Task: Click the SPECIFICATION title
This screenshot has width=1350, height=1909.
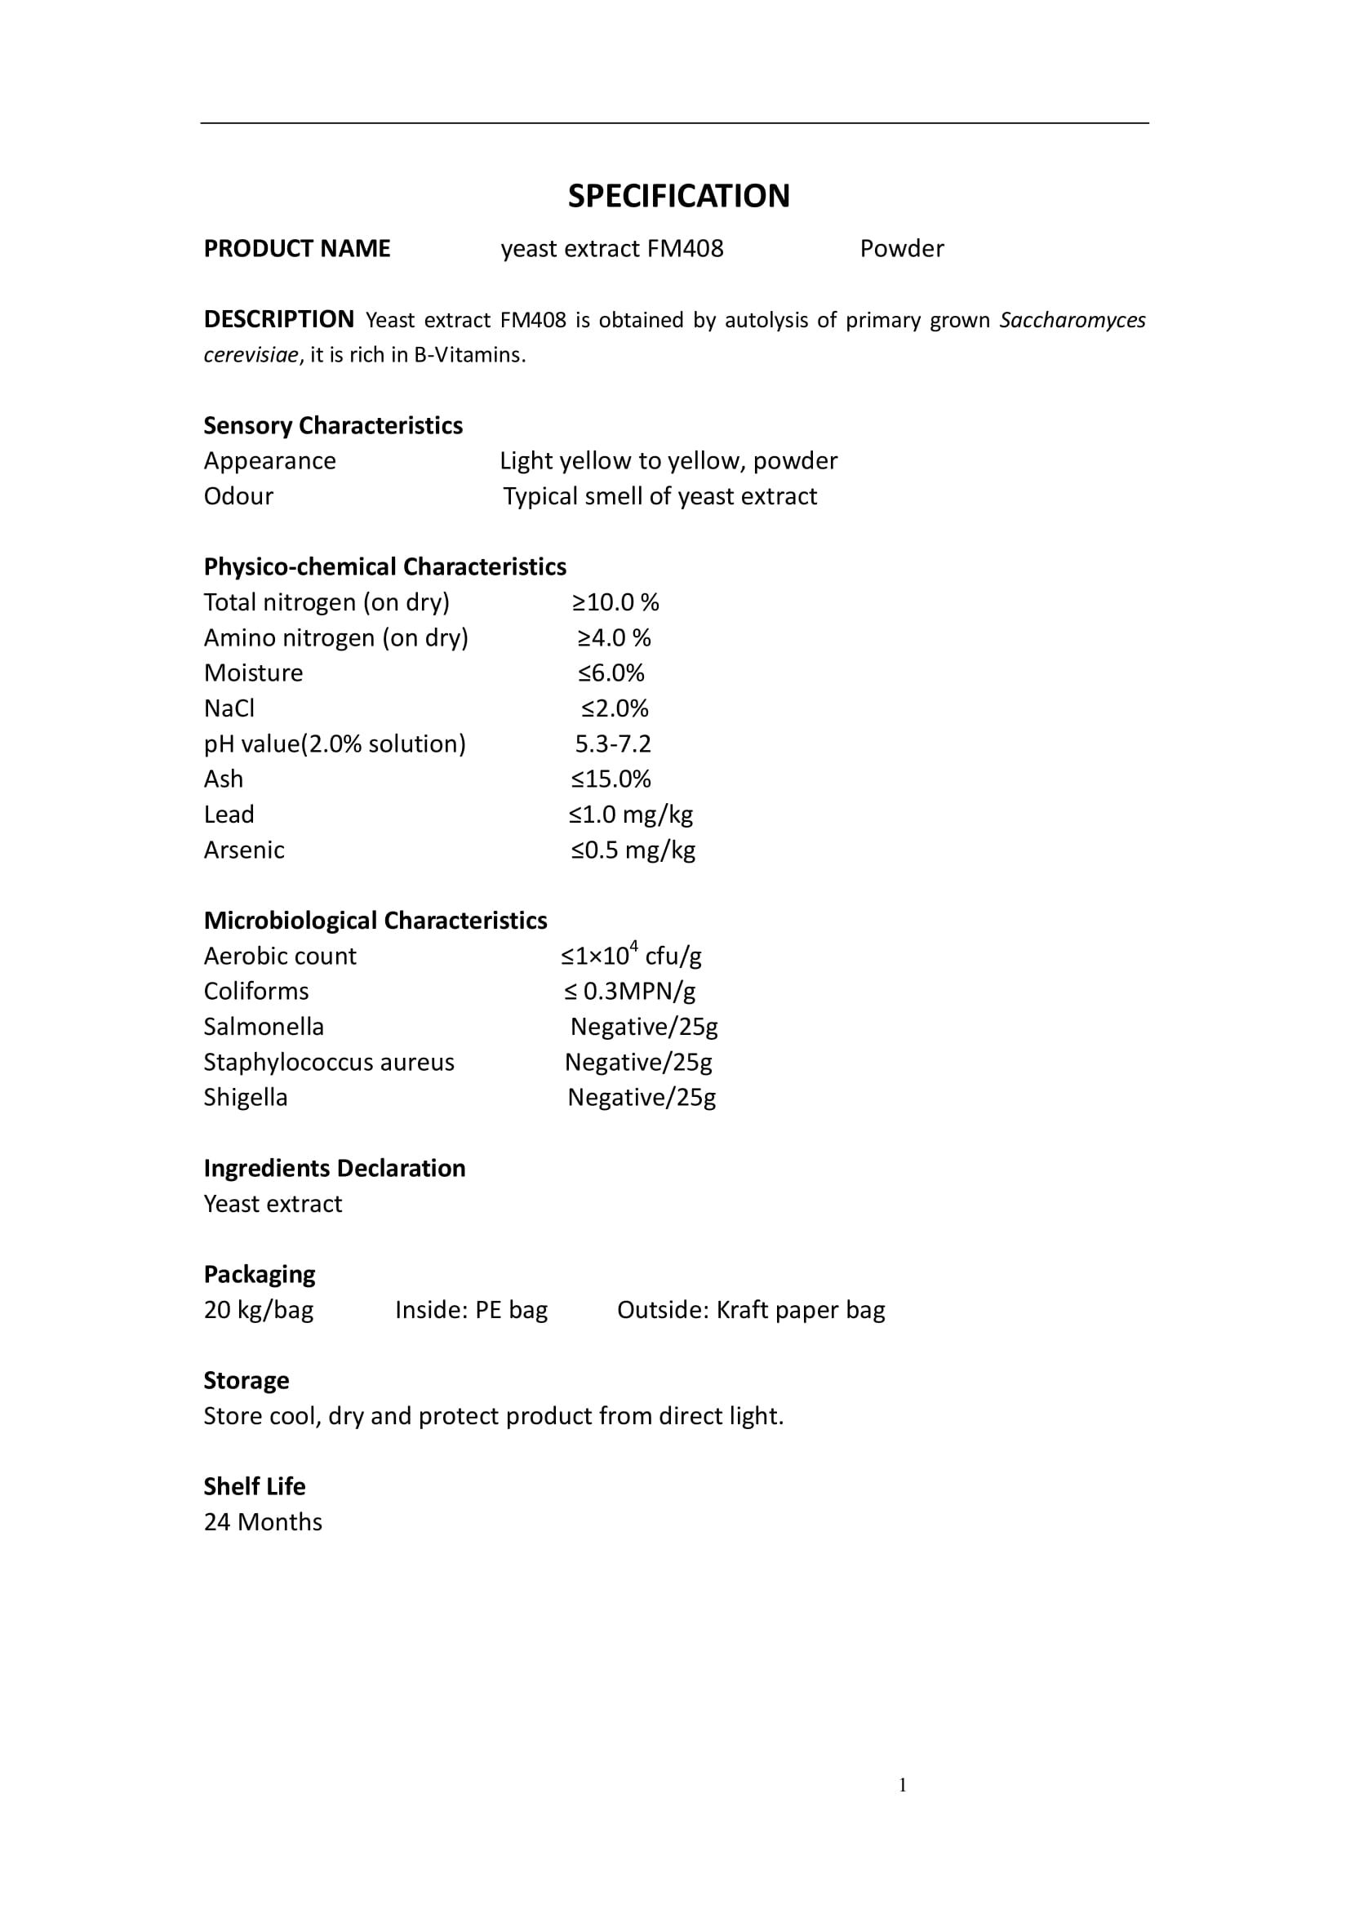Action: coord(678,196)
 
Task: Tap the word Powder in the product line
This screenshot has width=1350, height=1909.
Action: coord(901,249)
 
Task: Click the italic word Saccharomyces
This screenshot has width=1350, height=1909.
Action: coord(1072,320)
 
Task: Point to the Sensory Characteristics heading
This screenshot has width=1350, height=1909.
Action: coord(332,426)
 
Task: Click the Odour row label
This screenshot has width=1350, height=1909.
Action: coord(238,496)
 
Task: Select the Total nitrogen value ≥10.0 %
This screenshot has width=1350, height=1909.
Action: coord(615,602)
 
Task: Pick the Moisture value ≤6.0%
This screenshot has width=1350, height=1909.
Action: coord(611,673)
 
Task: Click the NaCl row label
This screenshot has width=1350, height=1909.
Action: coord(229,708)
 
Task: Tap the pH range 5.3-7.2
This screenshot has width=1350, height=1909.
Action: coord(613,744)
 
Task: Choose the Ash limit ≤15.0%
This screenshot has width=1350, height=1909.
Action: coord(611,779)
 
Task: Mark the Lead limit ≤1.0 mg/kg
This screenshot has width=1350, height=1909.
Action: coord(631,814)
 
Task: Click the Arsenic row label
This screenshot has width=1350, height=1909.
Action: coord(243,850)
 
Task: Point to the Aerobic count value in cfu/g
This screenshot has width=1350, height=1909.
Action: coord(631,956)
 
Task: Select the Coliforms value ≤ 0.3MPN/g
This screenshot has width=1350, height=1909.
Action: coord(629,991)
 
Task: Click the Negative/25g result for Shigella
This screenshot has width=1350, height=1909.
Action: coord(641,1098)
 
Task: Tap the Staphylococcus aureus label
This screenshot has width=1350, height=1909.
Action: coord(328,1062)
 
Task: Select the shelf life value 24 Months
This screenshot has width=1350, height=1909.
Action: coord(263,1521)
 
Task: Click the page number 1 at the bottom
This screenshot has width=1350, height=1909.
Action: coord(902,1784)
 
